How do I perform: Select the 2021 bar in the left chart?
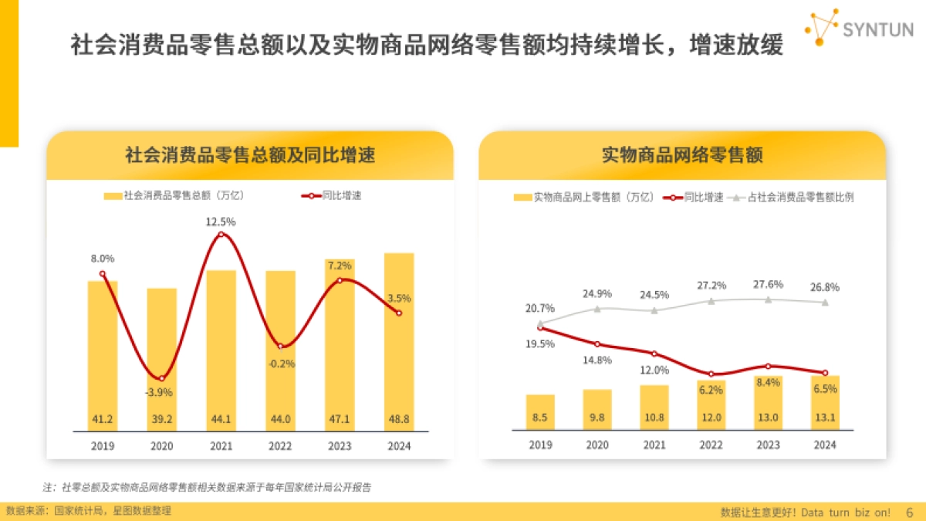pyautogui.click(x=221, y=347)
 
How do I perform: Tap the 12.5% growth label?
pyautogui.click(x=221, y=222)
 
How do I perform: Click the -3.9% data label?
pyautogui.click(x=161, y=392)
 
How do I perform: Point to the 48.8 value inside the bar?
pyautogui.click(x=399, y=420)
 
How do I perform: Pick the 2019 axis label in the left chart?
pyautogui.click(x=103, y=445)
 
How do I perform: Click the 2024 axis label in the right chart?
pyautogui.click(x=825, y=445)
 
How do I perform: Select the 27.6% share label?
pyautogui.click(x=768, y=284)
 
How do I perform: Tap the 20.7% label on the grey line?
pyautogui.click(x=540, y=309)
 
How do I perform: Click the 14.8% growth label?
pyautogui.click(x=597, y=360)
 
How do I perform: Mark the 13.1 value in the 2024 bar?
pyautogui.click(x=825, y=418)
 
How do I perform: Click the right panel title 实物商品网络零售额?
pyautogui.click(x=681, y=155)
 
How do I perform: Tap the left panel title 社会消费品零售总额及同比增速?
pyautogui.click(x=250, y=155)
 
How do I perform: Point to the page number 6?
pyautogui.click(x=908, y=512)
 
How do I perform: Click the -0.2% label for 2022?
pyautogui.click(x=281, y=364)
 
